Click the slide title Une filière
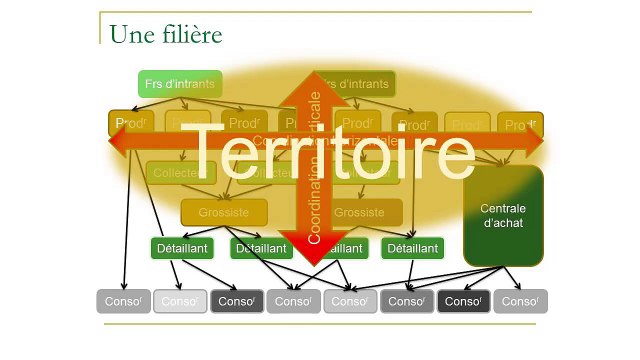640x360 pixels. tap(165, 34)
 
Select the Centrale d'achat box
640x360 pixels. tap(503, 216)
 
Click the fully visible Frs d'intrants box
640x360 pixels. tap(179, 84)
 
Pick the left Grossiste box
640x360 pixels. tap(223, 212)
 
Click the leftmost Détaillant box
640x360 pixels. tap(182, 248)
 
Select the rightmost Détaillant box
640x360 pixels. tap(412, 248)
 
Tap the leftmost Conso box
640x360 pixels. tap(123, 301)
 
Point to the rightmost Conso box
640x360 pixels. tap(520, 301)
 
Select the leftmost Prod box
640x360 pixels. tap(131, 124)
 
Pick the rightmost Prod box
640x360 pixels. tap(520, 125)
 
